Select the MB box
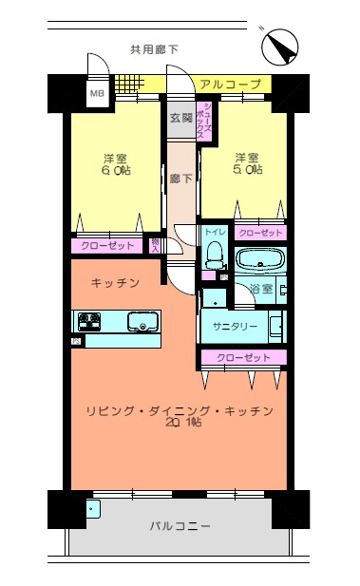click(97, 93)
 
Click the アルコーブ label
click(231, 85)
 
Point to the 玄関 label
click(180, 119)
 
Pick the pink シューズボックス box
click(203, 121)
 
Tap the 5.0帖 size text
click(247, 170)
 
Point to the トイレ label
click(215, 232)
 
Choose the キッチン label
click(116, 283)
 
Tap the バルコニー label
click(180, 525)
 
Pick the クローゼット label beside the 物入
click(108, 246)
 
